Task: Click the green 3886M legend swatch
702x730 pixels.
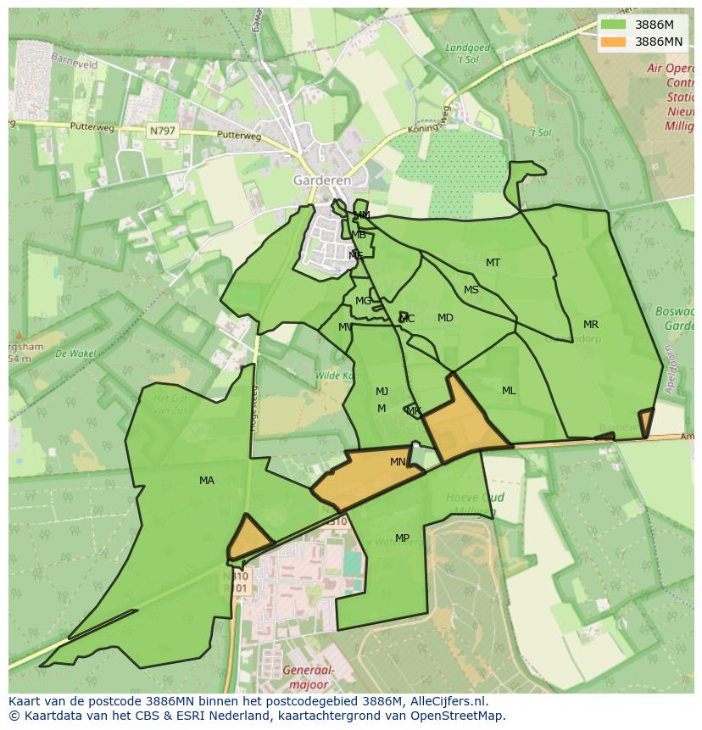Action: coord(613,25)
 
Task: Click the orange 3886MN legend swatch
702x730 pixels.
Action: coord(613,41)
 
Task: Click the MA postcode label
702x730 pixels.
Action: coord(207,481)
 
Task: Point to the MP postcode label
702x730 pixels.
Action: coord(402,538)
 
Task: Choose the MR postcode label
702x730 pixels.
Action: coord(591,325)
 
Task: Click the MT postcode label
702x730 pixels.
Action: coord(493,263)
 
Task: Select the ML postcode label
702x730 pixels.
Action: coord(509,391)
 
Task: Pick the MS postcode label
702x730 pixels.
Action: coord(471,290)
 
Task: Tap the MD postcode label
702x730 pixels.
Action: coord(445,318)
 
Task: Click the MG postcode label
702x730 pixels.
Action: coord(363,301)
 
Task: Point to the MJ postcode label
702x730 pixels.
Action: coord(382,392)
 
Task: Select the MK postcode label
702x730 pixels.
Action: coord(414,411)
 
